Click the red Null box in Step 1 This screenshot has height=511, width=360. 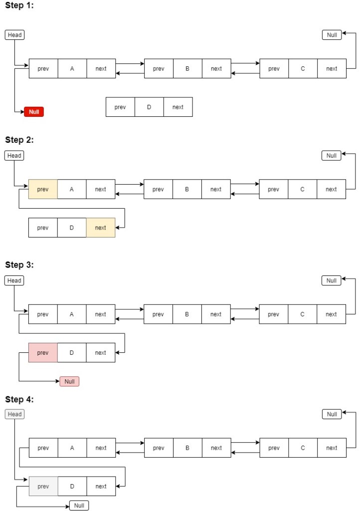coord(34,112)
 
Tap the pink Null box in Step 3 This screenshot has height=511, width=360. coord(69,382)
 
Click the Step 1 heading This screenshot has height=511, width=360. coord(19,5)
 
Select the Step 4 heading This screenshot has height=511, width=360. coord(19,399)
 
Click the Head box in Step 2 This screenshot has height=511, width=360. coord(14,156)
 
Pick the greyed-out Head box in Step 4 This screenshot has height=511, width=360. coord(15,414)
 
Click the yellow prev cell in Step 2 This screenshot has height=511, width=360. coord(43,189)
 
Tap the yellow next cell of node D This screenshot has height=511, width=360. coord(101,228)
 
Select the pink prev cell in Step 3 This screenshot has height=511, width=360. coord(43,353)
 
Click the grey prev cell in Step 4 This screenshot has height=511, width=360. coord(43,487)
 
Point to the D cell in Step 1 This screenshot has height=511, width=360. coord(149,107)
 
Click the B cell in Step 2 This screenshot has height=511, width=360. coord(187,189)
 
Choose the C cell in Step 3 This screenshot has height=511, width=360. coord(302,314)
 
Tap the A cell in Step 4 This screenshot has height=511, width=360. coord(72,448)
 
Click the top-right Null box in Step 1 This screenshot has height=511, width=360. coord(332,35)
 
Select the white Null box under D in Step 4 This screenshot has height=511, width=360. coord(79,506)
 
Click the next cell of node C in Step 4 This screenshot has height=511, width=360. coord(332,448)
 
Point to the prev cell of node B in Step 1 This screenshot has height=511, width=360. coord(159,69)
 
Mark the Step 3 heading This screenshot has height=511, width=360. coord(19,265)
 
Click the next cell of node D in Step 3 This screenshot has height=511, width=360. coord(101,353)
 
